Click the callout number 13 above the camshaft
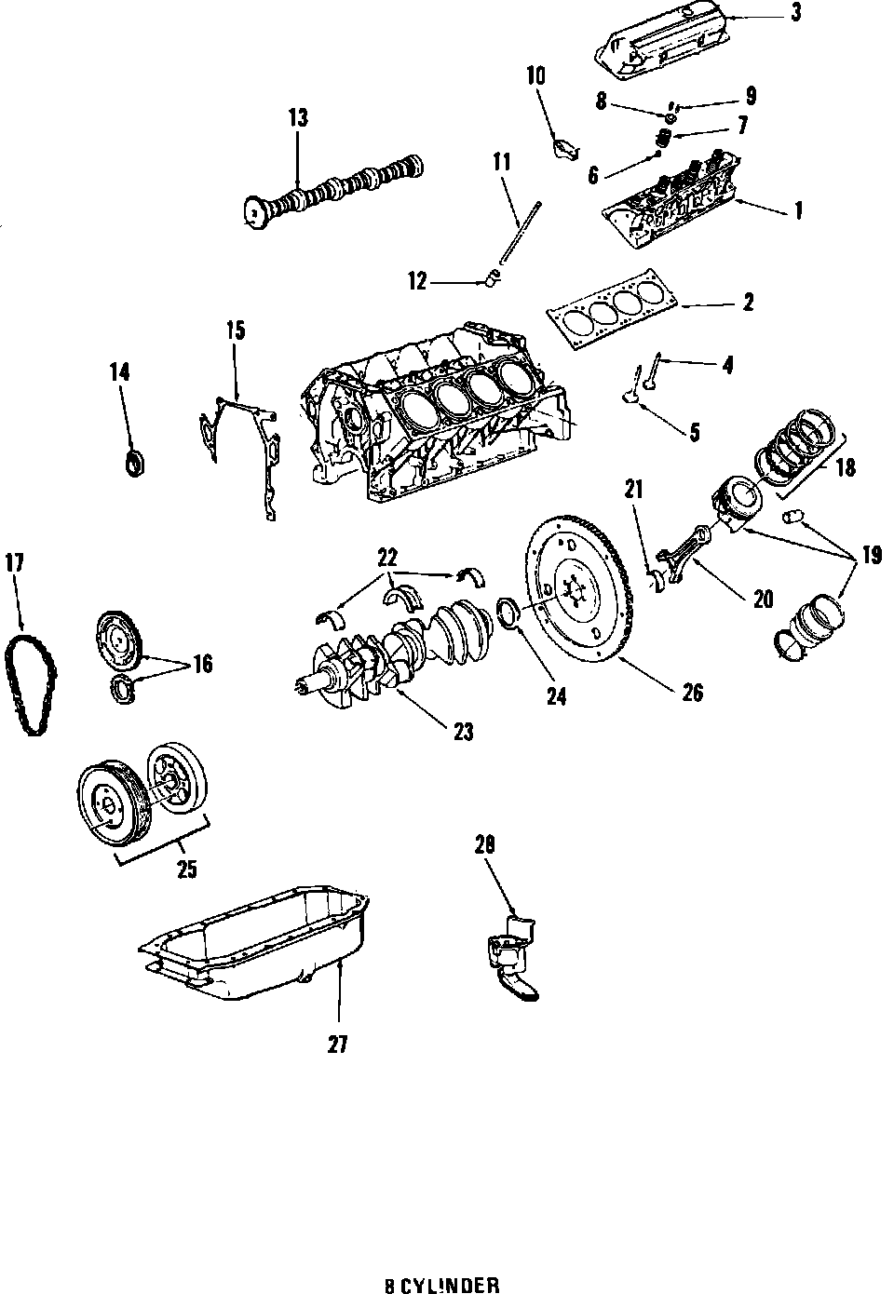click(x=298, y=118)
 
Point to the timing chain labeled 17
click(x=30, y=683)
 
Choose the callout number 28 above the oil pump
click(x=484, y=844)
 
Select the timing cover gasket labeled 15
click(x=240, y=447)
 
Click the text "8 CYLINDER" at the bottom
click(x=442, y=1286)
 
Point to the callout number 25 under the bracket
click(x=187, y=869)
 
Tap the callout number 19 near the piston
click(x=870, y=557)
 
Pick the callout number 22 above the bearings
click(x=387, y=558)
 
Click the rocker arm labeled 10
click(x=565, y=147)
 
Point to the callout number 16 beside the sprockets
click(x=201, y=664)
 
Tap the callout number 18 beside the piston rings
click(x=845, y=467)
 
